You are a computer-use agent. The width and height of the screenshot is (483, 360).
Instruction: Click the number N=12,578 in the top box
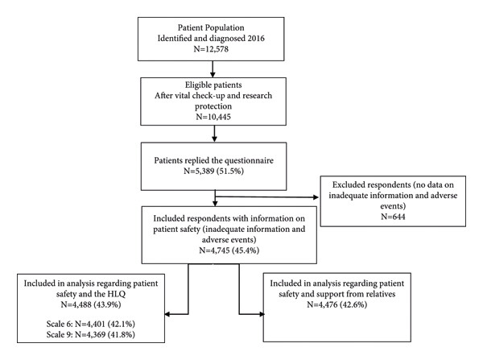[211, 49]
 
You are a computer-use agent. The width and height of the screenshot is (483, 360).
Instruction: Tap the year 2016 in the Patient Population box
[255, 38]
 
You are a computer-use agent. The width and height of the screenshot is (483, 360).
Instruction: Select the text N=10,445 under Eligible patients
[213, 117]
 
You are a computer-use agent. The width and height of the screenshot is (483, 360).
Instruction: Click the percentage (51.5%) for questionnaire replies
[230, 171]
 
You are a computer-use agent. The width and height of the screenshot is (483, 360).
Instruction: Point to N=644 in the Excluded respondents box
[393, 217]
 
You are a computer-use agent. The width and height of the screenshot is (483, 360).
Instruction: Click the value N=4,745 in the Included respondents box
[214, 250]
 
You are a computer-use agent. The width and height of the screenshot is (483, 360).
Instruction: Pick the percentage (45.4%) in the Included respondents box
[246, 250]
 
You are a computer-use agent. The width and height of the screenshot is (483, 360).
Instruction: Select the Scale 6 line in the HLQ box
[90, 324]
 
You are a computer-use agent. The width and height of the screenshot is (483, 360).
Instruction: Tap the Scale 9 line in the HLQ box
[90, 334]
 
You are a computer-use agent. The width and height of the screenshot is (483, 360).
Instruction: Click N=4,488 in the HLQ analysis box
[76, 304]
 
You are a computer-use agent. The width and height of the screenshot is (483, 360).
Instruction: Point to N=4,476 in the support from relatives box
[322, 304]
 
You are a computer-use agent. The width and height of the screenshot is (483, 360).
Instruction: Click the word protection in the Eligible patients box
[213, 106]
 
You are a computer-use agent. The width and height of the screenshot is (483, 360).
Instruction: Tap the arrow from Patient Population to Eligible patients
[213, 69]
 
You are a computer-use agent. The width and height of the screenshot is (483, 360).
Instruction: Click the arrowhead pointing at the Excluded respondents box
[316, 197]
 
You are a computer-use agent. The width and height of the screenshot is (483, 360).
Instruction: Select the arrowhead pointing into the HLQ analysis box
[167, 314]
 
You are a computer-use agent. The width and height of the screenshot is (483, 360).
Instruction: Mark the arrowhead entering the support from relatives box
[262, 314]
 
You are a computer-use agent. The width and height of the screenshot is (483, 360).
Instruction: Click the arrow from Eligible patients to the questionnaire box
[214, 134]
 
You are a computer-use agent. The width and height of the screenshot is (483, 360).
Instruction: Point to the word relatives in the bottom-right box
[378, 294]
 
